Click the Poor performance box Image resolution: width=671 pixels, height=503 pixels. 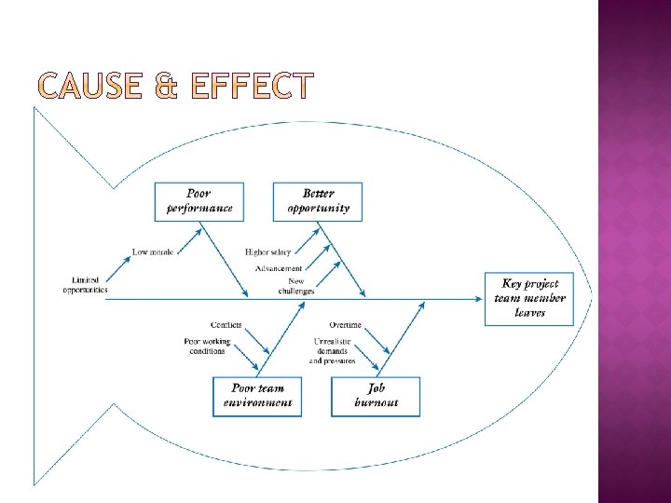click(x=199, y=201)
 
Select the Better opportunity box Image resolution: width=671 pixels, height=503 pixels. click(x=318, y=201)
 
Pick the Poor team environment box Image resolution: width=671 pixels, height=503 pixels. click(x=257, y=396)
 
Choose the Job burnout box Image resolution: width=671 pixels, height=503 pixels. click(x=376, y=396)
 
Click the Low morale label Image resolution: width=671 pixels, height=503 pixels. click(x=153, y=251)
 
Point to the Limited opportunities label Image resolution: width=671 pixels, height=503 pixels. click(x=85, y=285)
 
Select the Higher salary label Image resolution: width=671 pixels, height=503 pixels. click(x=267, y=251)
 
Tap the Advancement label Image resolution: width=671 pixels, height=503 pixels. click(x=278, y=268)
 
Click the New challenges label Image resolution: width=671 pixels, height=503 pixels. click(x=295, y=286)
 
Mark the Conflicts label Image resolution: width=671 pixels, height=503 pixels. click(x=226, y=325)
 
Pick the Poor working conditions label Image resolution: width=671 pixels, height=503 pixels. click(x=205, y=347)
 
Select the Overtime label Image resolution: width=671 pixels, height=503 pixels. click(x=345, y=325)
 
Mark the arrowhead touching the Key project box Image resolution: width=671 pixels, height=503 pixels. click(x=479, y=298)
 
